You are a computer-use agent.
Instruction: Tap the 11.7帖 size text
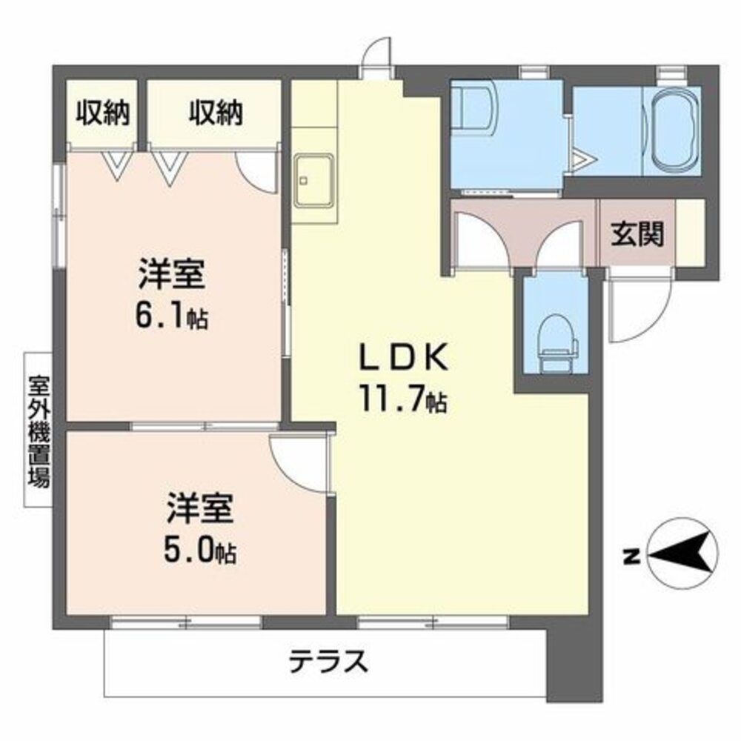point(404,400)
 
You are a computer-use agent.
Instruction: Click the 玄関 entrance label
point(637,235)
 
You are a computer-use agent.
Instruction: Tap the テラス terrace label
point(328,659)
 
